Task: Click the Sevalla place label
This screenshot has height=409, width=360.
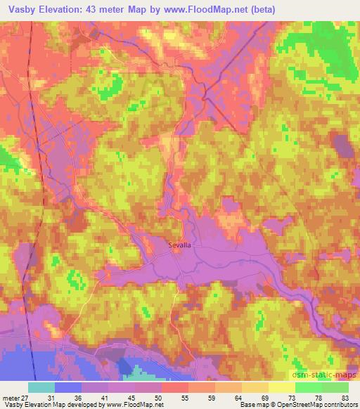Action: pyautogui.click(x=180, y=245)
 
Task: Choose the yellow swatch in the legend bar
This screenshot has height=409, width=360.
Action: pyautogui.click(x=281, y=387)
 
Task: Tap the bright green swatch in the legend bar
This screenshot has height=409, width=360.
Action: pyautogui.click(x=308, y=387)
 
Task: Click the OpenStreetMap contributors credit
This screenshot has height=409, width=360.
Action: pyautogui.click(x=316, y=405)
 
